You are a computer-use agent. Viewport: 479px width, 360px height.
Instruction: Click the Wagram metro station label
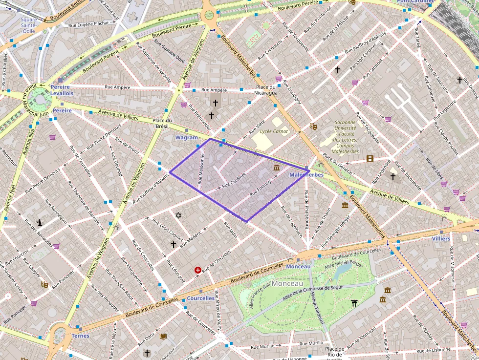pyautogui.click(x=186, y=138)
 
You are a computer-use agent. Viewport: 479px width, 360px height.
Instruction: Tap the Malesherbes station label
pyautogui.click(x=306, y=174)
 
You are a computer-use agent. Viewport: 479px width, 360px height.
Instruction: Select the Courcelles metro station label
pyautogui.click(x=200, y=298)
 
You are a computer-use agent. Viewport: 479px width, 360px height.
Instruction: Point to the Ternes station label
pyautogui.click(x=80, y=336)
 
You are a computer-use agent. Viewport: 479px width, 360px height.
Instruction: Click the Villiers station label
pyautogui.click(x=441, y=238)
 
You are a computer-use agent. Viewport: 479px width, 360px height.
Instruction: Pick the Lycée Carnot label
pyautogui.click(x=274, y=131)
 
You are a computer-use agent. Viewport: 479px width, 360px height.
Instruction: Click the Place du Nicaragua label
pyautogui.click(x=267, y=90)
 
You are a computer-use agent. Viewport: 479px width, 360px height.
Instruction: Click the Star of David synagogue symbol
pyautogui.click(x=178, y=215)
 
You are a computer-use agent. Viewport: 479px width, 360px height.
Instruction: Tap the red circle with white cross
pyautogui.click(x=198, y=270)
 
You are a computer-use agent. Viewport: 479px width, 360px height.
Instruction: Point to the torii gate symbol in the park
pyautogui.click(x=354, y=303)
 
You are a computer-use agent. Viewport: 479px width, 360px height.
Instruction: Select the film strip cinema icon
pyautogui.click(x=370, y=158)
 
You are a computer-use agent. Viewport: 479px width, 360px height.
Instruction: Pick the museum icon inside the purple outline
pyautogui.click(x=277, y=169)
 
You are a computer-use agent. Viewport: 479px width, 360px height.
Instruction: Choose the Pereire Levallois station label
pyautogui.click(x=62, y=90)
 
